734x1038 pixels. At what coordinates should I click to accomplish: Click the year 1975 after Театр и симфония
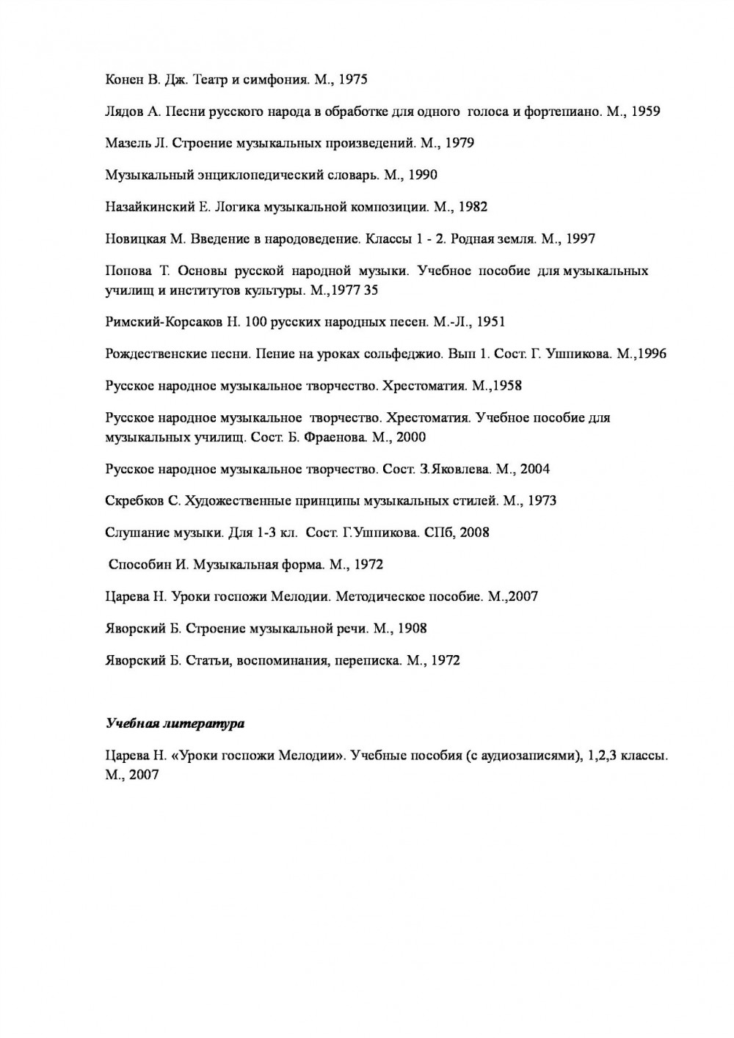coord(351,79)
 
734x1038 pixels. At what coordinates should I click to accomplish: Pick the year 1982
coord(472,207)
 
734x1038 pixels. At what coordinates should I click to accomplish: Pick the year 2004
coord(534,469)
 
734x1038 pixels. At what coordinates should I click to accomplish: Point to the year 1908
coord(412,628)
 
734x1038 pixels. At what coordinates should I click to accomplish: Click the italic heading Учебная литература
coord(175,724)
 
